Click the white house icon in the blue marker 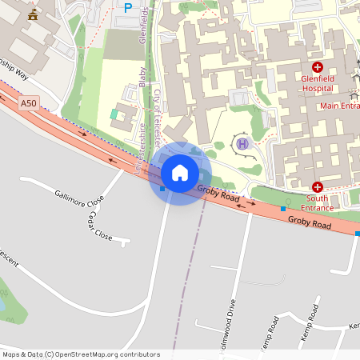coord(180,173)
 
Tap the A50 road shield coord(29,103)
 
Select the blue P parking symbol coord(127,8)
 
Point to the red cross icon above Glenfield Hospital coord(318,68)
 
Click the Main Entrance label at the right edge coord(339,106)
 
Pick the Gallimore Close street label coord(80,198)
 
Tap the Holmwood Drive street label coord(232,320)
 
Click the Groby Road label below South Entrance coord(310,226)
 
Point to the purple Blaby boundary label coord(142,75)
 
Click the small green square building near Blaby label coord(114,115)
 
